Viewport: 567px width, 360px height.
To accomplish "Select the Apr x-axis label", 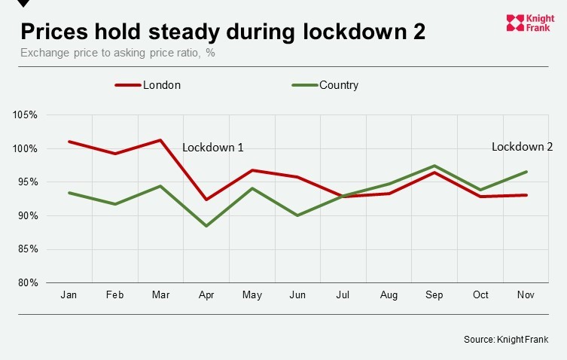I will (206, 295).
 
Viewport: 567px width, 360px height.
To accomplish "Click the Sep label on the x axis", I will (434, 295).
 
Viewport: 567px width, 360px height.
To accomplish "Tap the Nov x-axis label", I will (526, 295).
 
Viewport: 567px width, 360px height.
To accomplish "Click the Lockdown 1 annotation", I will (213, 148).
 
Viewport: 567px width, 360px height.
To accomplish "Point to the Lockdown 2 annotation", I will (522, 147).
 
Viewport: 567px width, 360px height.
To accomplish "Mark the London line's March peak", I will (161, 140).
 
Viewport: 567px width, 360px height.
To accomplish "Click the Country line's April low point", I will (206, 226).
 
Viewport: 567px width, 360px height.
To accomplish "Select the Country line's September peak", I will (434, 166).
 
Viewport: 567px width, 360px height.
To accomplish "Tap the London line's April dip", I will (206, 200).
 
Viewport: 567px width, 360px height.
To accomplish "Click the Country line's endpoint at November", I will (526, 172).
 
